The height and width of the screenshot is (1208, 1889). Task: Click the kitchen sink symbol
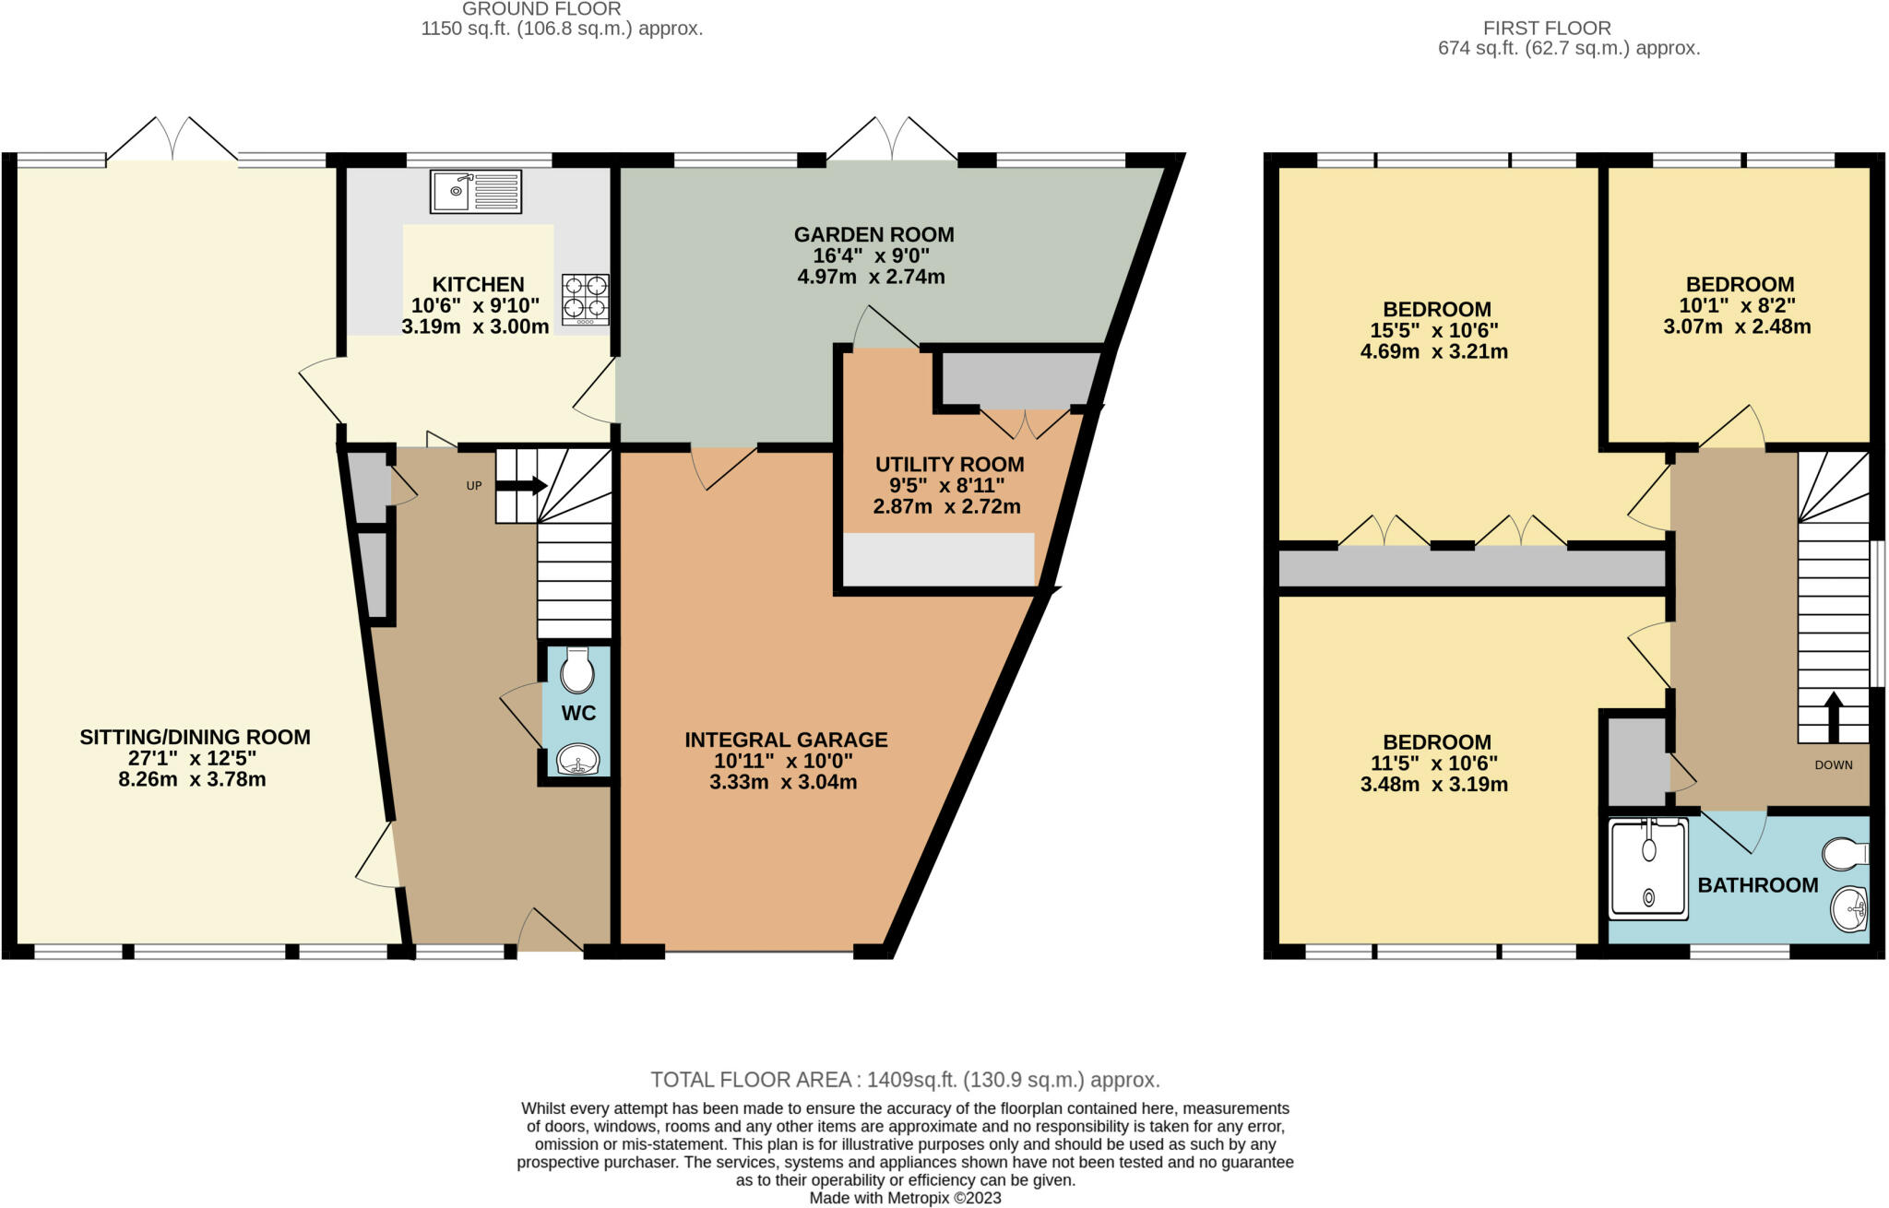pyautogui.click(x=476, y=191)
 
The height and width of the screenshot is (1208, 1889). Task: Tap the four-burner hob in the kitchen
pyautogui.click(x=586, y=299)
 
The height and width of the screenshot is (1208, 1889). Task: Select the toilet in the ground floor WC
pyautogui.click(x=577, y=669)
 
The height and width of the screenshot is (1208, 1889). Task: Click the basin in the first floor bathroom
pyautogui.click(x=1848, y=909)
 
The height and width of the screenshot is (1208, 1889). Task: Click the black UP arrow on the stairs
pyautogui.click(x=521, y=486)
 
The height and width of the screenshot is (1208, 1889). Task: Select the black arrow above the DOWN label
pyautogui.click(x=1833, y=717)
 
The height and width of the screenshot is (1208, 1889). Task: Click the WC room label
pyautogui.click(x=578, y=713)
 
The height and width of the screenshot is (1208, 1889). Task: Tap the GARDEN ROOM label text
pyautogui.click(x=873, y=234)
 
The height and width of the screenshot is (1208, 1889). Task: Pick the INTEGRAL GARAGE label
pyautogui.click(x=786, y=740)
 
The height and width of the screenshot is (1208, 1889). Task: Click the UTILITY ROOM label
pyautogui.click(x=949, y=464)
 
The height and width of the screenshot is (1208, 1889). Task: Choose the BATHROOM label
pyautogui.click(x=1758, y=885)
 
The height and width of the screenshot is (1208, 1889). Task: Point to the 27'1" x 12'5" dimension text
pyautogui.click(x=193, y=758)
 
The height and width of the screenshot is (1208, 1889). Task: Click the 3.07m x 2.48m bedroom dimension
pyautogui.click(x=1737, y=326)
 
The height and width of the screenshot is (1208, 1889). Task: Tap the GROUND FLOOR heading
pyautogui.click(x=541, y=8)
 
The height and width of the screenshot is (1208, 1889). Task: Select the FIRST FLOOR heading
pyautogui.click(x=1547, y=28)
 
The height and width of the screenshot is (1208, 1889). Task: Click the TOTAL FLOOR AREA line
pyautogui.click(x=905, y=1079)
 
